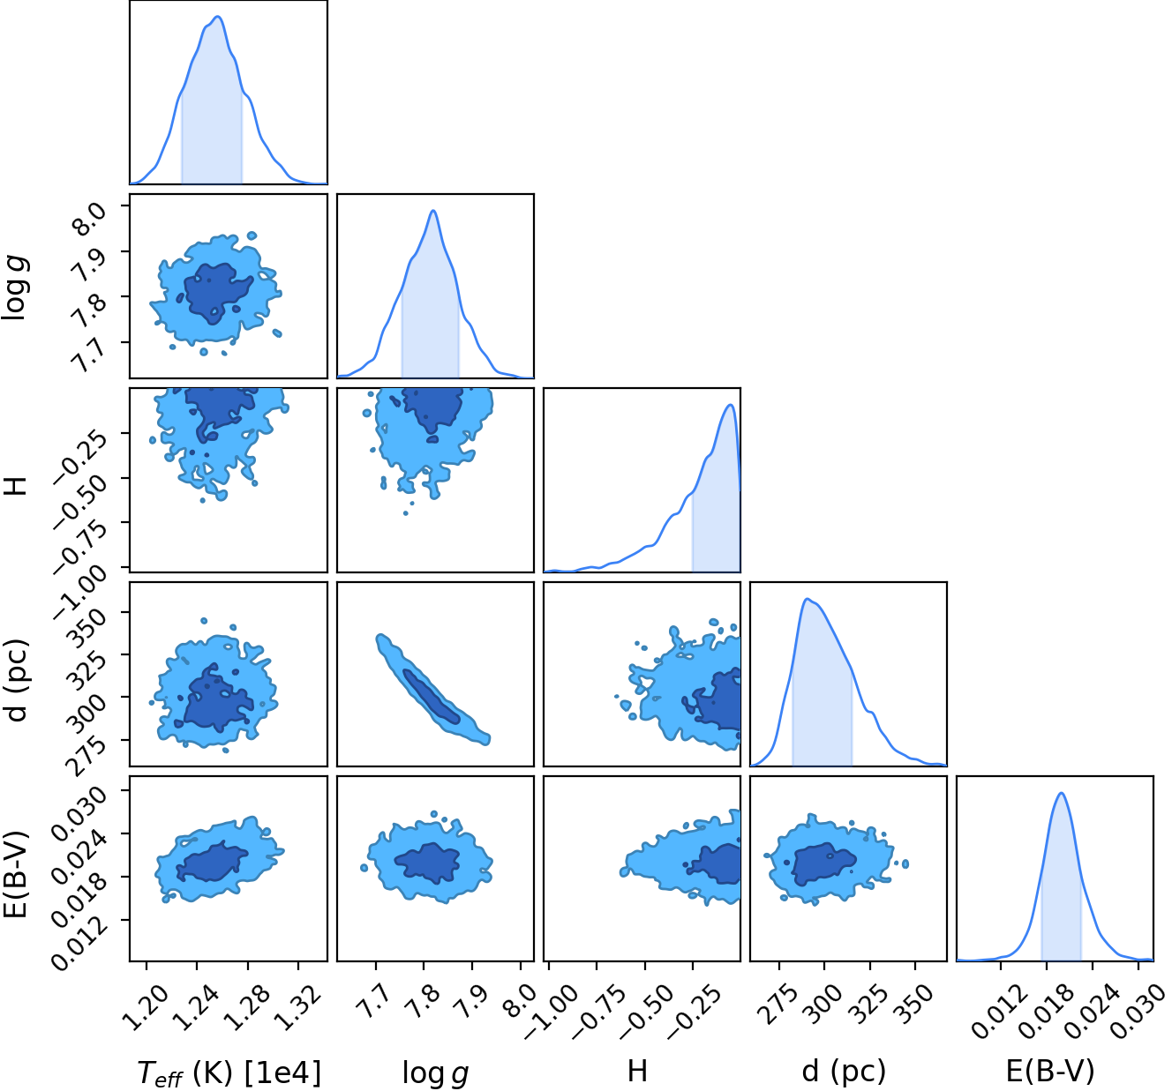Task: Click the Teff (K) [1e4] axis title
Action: pyautogui.click(x=229, y=1072)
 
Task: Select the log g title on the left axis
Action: pyautogui.click(x=15, y=289)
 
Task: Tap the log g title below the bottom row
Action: pyautogui.click(x=435, y=1073)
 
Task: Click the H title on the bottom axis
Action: pyautogui.click(x=637, y=1071)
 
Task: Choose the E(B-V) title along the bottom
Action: pyautogui.click(x=1050, y=1072)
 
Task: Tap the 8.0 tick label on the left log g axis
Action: pyautogui.click(x=88, y=218)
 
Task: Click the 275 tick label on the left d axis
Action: pyautogui.click(x=87, y=755)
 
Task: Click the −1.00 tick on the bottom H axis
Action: pyautogui.click(x=550, y=1013)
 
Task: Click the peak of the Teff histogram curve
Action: pyautogui.click(x=217, y=17)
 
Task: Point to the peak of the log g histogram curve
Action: pyautogui.click(x=433, y=210)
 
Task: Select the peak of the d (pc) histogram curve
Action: pyautogui.click(x=807, y=599)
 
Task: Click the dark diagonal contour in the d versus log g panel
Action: pyautogui.click(x=431, y=697)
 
